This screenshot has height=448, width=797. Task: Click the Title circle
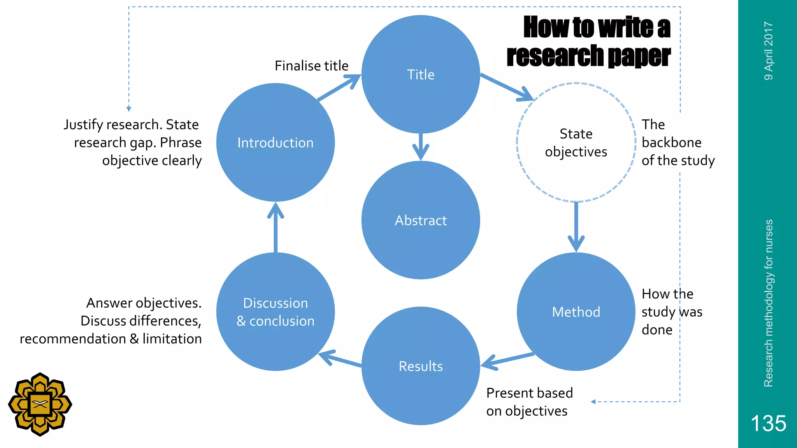click(420, 74)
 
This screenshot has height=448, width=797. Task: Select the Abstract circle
click(420, 220)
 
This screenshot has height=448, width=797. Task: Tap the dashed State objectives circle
click(576, 142)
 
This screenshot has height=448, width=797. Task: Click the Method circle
click(576, 311)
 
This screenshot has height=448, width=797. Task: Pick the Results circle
click(420, 366)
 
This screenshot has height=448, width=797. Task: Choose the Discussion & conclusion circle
click(276, 311)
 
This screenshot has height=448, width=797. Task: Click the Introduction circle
click(276, 142)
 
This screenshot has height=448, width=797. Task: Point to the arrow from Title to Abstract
click(420, 147)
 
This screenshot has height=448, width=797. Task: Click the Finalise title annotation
click(311, 66)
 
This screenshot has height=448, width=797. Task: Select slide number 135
click(768, 423)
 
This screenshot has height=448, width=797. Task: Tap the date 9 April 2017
click(768, 51)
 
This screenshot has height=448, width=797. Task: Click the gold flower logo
click(40, 404)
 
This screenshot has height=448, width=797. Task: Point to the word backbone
click(671, 142)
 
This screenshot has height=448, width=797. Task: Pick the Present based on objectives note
click(529, 402)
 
